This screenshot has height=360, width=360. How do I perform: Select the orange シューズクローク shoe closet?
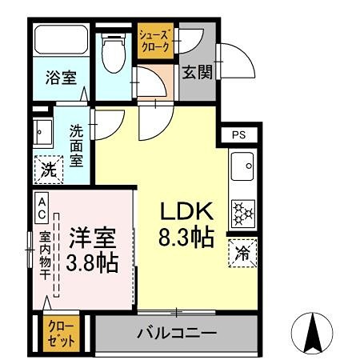click(154, 41)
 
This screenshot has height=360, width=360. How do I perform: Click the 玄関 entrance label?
click(196, 74)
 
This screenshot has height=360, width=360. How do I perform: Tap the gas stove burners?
click(242, 211)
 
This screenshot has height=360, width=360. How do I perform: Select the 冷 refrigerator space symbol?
click(242, 254)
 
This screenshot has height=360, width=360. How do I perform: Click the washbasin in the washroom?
click(42, 130)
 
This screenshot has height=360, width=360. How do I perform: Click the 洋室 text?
click(92, 238)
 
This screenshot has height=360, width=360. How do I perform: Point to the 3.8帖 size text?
click(92, 262)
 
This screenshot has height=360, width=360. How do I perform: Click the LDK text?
click(187, 212)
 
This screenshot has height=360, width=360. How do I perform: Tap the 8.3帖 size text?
click(187, 238)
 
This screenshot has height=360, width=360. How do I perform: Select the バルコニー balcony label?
click(175, 332)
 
